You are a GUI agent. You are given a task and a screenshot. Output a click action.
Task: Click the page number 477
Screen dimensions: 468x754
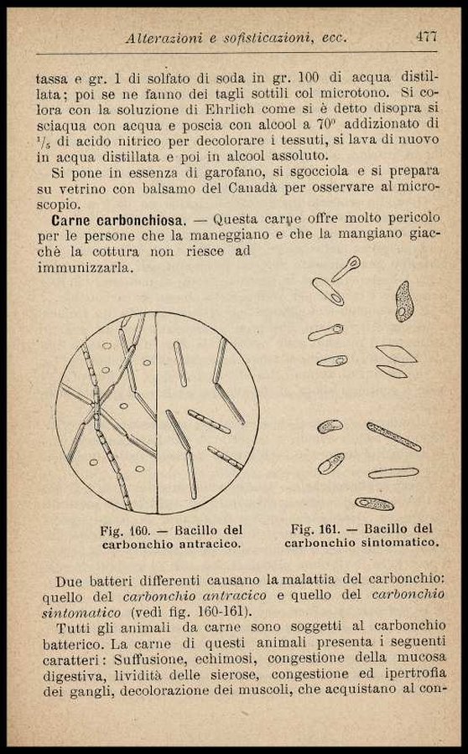point(426,37)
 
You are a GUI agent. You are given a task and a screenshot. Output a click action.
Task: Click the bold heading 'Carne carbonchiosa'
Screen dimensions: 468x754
point(118,220)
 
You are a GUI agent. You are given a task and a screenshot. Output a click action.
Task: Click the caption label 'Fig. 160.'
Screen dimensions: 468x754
point(125,531)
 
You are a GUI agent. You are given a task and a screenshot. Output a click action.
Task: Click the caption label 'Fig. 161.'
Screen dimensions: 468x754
point(315,529)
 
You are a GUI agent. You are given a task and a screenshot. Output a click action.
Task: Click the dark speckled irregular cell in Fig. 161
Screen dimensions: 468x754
point(404,302)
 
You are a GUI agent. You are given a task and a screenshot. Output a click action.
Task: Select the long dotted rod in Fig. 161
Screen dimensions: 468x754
point(394,436)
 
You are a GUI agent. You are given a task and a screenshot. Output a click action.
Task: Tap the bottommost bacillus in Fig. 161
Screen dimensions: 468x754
point(374,504)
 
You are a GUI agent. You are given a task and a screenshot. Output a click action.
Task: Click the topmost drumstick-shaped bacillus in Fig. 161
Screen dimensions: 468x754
point(346,268)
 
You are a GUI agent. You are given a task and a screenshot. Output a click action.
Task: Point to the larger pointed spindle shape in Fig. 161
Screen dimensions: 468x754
point(396,354)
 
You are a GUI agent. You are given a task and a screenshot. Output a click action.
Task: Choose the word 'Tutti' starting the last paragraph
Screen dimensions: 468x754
point(73,628)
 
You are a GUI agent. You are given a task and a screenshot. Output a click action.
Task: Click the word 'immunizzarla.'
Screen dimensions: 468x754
point(85,268)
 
